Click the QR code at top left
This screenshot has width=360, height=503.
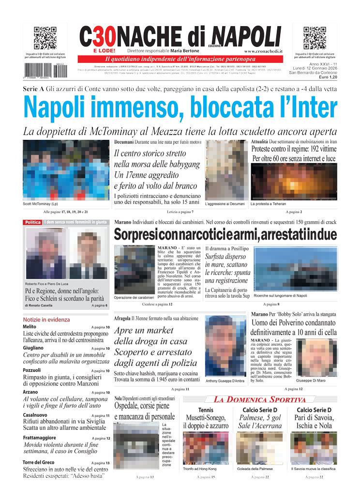45,38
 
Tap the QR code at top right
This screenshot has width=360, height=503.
315,38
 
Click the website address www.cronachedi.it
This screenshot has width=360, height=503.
263,51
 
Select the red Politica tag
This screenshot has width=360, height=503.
33,222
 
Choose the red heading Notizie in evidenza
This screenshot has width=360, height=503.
46,320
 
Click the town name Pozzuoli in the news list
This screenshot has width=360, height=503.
32,370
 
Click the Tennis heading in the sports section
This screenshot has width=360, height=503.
206,411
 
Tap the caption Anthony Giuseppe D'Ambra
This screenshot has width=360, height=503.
225,381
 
